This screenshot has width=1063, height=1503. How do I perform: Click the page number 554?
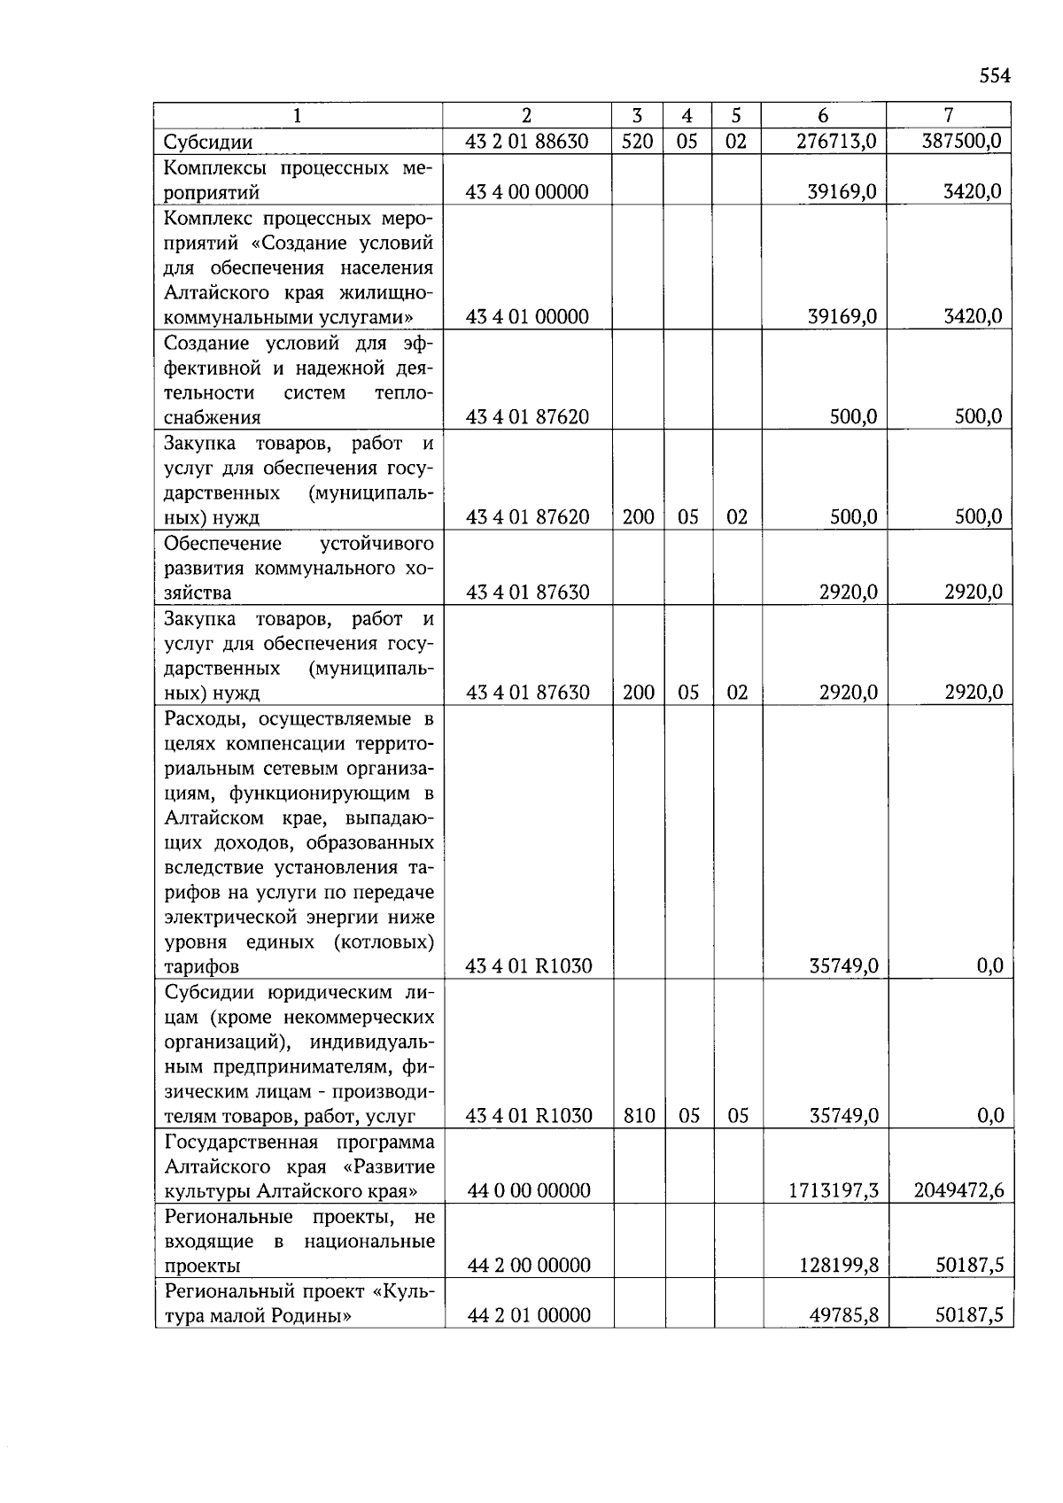click(994, 76)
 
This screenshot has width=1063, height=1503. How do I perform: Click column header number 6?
click(823, 115)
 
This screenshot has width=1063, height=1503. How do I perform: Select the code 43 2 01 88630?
click(526, 142)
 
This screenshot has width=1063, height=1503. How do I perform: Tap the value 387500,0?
click(961, 141)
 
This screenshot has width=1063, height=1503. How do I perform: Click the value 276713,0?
click(835, 142)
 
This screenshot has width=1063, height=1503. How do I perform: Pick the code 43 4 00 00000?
click(526, 192)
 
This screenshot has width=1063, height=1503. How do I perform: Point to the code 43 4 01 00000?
click(526, 317)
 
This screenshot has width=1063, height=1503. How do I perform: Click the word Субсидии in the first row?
click(208, 143)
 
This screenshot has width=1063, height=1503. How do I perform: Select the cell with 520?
click(637, 142)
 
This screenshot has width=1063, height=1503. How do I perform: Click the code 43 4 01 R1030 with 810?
click(528, 1116)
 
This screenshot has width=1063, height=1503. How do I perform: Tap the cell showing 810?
click(639, 1116)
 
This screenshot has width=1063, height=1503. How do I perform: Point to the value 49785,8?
click(842, 1316)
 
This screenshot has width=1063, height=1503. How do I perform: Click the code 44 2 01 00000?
click(528, 1316)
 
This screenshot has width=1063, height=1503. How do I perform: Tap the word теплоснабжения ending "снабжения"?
click(213, 418)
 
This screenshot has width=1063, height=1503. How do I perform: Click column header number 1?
click(298, 115)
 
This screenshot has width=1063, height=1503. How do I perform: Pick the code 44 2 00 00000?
click(528, 1266)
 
